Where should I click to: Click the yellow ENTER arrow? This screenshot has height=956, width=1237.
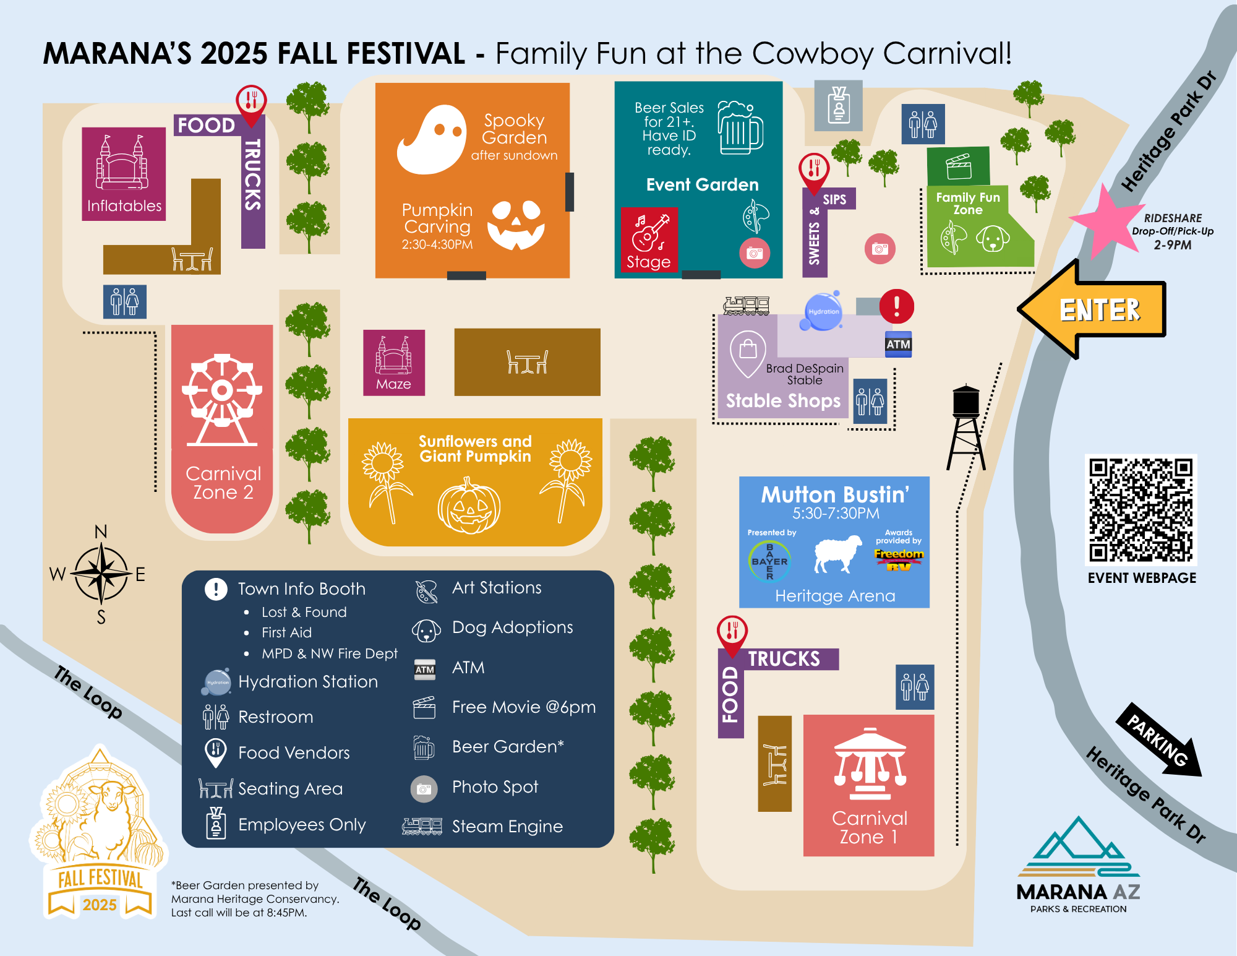click(x=1095, y=309)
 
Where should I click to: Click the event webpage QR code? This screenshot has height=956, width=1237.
click(x=1141, y=509)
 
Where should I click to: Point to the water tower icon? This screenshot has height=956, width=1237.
click(x=965, y=427)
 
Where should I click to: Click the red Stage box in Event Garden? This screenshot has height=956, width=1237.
click(x=649, y=239)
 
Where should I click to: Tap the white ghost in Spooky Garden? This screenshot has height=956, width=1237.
click(x=432, y=139)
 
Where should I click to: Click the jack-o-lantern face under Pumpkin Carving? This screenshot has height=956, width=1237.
click(x=516, y=224)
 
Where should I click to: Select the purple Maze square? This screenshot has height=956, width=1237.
click(x=394, y=363)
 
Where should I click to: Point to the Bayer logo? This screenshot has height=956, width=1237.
click(x=769, y=561)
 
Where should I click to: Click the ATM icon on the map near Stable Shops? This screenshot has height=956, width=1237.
click(x=898, y=345)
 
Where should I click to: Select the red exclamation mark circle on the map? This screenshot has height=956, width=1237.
click(x=896, y=306)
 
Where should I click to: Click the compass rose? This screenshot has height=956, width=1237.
click(x=101, y=574)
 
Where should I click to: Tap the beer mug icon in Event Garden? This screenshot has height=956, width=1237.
click(x=740, y=127)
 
